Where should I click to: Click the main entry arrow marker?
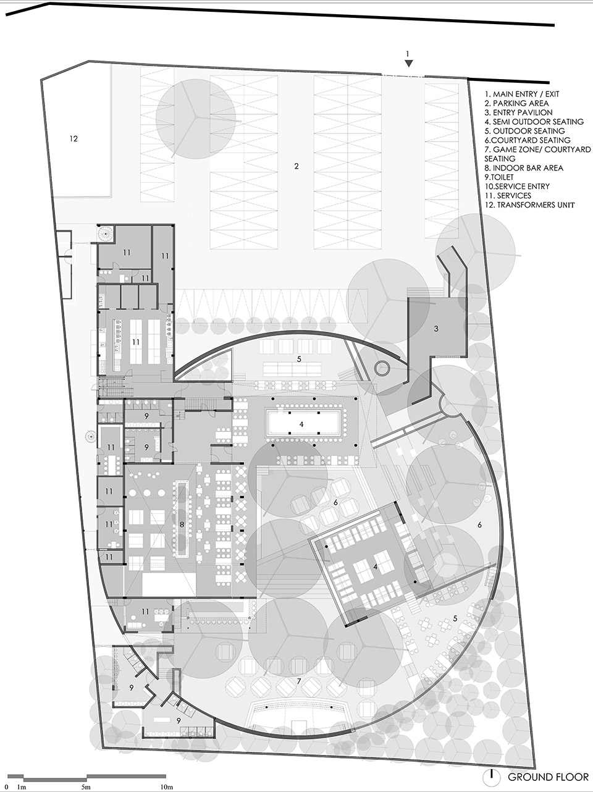tap(408, 64)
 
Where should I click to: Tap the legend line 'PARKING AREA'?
tap(516, 103)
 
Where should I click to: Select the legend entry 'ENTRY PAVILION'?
tap(518, 112)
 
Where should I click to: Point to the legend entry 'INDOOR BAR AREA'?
tap(524, 168)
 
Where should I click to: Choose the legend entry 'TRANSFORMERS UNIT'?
tap(529, 205)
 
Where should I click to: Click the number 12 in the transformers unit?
tap(74, 138)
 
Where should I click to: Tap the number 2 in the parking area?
tap(296, 166)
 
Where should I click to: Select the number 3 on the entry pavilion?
tap(436, 329)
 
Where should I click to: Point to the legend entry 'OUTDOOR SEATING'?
tap(524, 131)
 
